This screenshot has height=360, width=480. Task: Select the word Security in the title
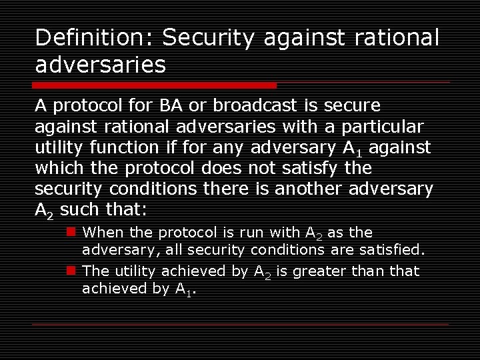coord(208,39)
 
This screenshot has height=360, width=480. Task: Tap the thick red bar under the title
coord(154,85)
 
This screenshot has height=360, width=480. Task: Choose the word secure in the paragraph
coord(355,105)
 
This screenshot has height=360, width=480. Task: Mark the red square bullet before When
coord(70,232)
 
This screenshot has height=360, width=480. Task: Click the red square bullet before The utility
coord(70,271)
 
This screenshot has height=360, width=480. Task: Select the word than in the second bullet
coord(365,271)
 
